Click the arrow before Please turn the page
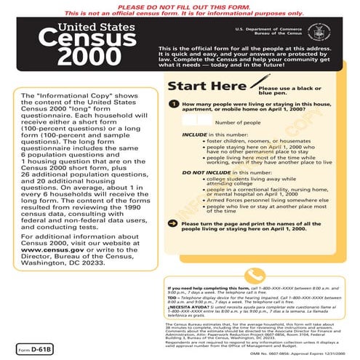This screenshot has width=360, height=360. pos(171,243)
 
